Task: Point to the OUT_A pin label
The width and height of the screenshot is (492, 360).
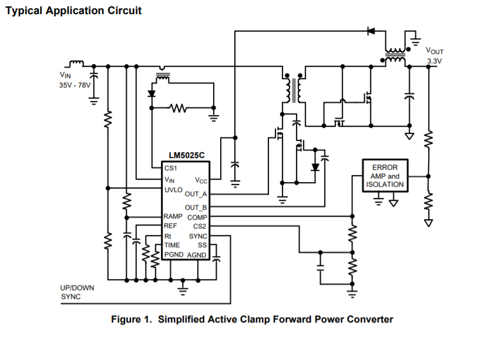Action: point(196,194)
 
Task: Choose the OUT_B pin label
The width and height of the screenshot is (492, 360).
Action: point(196,207)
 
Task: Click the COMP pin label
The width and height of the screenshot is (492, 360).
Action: point(198,217)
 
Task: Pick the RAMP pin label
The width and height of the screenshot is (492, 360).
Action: point(175,216)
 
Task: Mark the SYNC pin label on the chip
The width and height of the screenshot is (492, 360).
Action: point(198,236)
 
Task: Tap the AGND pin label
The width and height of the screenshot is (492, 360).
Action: point(197,255)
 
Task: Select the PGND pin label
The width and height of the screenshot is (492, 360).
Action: point(174,254)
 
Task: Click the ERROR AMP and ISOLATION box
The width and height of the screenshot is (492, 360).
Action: point(385,176)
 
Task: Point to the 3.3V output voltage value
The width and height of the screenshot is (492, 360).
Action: point(434,61)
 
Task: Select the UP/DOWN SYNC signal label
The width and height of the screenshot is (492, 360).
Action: point(77,292)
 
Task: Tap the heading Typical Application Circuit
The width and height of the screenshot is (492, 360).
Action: point(73,11)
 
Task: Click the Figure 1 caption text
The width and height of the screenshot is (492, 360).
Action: point(252,319)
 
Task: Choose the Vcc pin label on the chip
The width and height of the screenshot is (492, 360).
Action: point(201,181)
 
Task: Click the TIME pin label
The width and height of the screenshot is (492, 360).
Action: point(173,245)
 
